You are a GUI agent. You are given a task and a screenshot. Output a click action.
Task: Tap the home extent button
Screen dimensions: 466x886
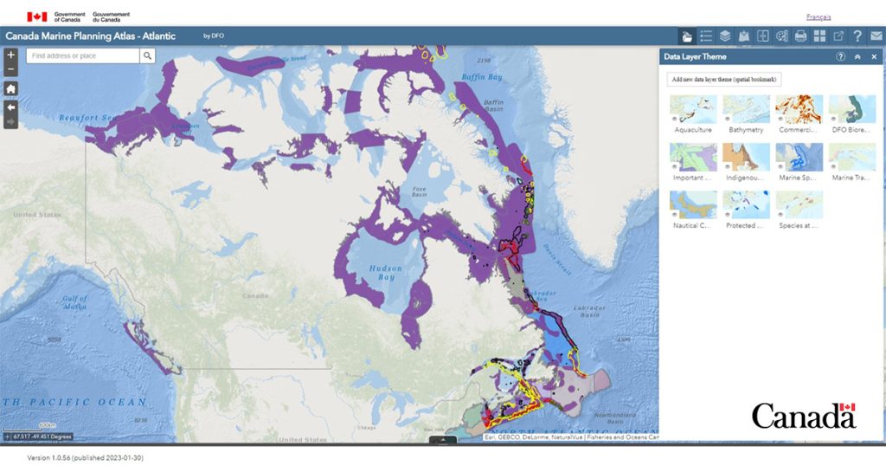pos(10,88)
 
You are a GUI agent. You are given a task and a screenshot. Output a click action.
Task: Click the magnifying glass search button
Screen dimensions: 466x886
pos(148,55)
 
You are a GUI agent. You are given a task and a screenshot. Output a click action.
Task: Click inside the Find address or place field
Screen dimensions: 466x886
pos(82,55)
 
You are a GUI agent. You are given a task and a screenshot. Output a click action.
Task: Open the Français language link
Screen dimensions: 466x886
pos(818,16)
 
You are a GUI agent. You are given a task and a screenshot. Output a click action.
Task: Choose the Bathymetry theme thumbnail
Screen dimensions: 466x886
pos(746,109)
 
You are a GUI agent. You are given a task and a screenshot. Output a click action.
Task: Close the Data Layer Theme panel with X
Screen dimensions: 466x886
pos(874,56)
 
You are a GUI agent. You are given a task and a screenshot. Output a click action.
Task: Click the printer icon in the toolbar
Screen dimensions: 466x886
pos(800,36)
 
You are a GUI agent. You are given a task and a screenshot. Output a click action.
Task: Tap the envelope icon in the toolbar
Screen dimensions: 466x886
pos(876,36)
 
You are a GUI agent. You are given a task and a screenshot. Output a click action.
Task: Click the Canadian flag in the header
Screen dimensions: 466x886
pos(36,16)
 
